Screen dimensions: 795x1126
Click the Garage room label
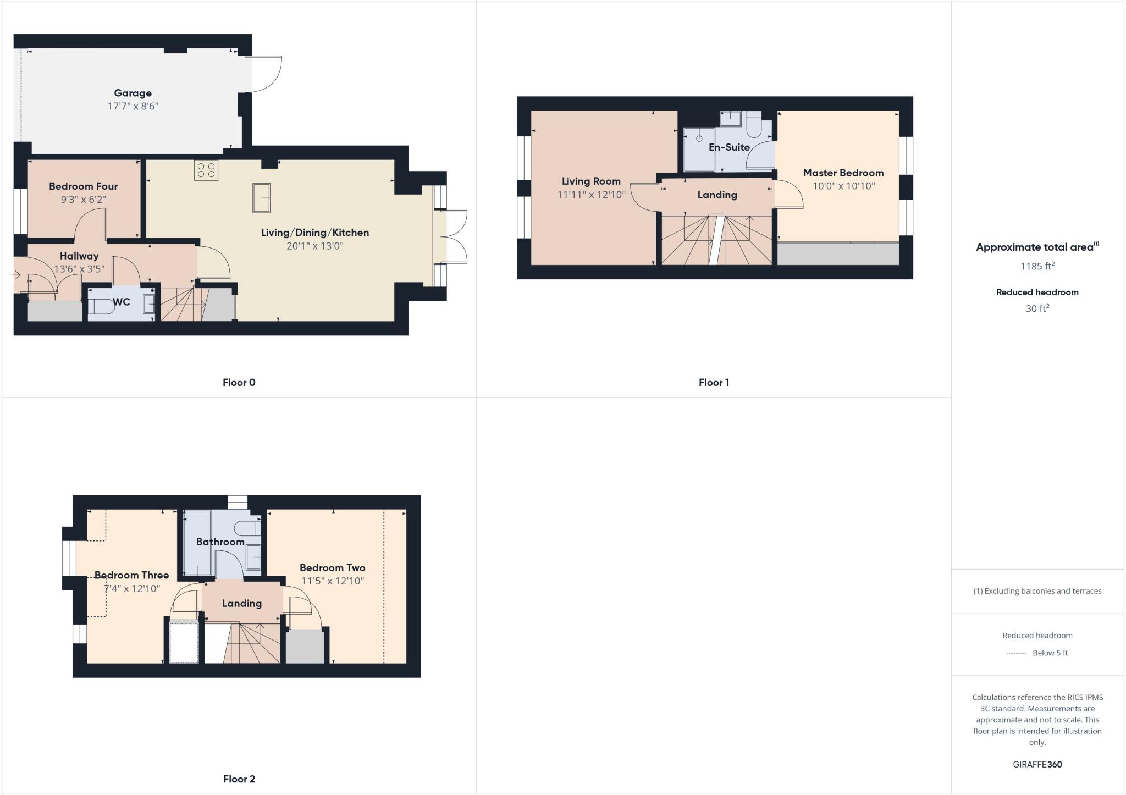tap(133, 93)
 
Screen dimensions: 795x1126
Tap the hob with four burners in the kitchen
tap(206, 170)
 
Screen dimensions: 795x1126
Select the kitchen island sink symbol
tap(261, 197)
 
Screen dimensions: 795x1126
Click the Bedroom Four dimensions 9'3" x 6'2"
tap(83, 199)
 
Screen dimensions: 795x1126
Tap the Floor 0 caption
tap(239, 383)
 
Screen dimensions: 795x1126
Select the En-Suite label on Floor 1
tap(729, 147)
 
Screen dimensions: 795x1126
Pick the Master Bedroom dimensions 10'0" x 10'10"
tap(843, 186)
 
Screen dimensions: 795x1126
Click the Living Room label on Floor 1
tap(591, 181)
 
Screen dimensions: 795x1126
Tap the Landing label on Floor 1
tap(717, 195)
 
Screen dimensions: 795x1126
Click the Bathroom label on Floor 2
tap(220, 542)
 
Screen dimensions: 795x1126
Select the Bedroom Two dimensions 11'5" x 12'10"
tap(332, 581)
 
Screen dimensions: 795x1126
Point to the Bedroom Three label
tap(131, 575)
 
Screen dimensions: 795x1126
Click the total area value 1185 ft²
tap(1037, 266)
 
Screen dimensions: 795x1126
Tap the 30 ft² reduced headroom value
tap(1037, 308)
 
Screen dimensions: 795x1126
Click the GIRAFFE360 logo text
tap(1037, 764)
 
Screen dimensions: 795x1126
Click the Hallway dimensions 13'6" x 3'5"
tap(79, 269)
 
